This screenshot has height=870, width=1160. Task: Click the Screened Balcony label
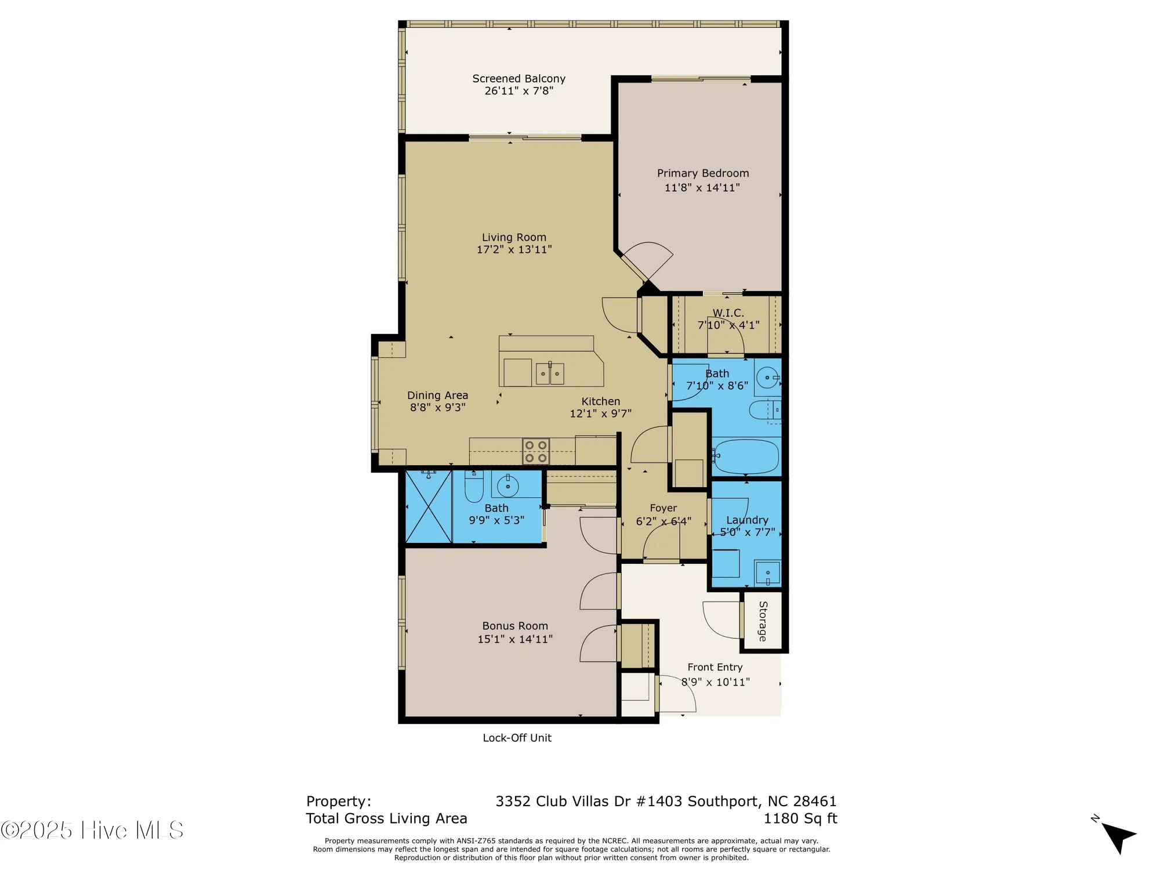click(519, 78)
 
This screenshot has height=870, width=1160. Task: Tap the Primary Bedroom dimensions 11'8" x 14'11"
click(702, 187)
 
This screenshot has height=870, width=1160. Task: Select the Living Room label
click(514, 237)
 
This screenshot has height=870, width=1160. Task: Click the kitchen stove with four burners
click(536, 452)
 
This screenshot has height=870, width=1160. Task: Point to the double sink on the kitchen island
click(549, 374)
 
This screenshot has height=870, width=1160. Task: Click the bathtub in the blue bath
click(746, 456)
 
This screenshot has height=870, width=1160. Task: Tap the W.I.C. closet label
click(728, 313)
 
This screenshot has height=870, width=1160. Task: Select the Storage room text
click(763, 621)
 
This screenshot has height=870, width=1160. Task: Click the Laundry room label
click(747, 520)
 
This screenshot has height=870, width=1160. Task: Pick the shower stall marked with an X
click(429, 506)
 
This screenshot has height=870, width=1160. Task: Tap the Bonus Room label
click(515, 626)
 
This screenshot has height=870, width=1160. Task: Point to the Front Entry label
click(715, 667)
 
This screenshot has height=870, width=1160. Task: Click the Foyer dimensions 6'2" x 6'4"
click(664, 521)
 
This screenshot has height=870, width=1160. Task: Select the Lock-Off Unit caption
click(517, 738)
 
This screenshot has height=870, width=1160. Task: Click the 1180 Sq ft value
click(800, 818)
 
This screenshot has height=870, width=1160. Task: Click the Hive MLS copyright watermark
click(93, 830)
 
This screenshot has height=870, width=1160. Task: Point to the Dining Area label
click(437, 395)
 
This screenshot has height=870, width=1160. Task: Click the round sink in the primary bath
click(767, 378)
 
